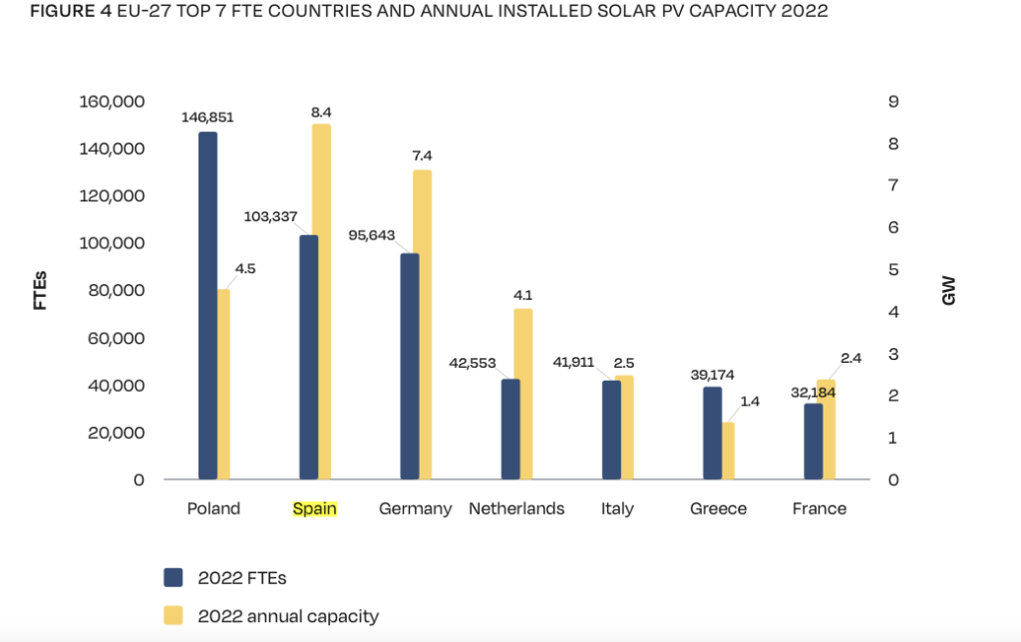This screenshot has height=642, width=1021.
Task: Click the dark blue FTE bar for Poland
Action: pyautogui.click(x=207, y=305)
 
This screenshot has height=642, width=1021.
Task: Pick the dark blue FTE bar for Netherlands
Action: pyautogui.click(x=510, y=429)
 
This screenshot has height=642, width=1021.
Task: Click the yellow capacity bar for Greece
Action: pyautogui.click(x=728, y=451)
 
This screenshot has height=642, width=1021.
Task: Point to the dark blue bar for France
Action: pyautogui.click(x=814, y=441)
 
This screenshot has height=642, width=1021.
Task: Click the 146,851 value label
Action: pyautogui.click(x=207, y=117)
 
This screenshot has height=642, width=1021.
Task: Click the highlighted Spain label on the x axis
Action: pyautogui.click(x=314, y=508)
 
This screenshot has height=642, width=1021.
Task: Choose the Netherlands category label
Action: pyautogui.click(x=516, y=508)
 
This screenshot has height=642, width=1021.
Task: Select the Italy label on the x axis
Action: pyautogui.click(x=617, y=508)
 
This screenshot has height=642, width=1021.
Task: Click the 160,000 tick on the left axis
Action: pyautogui.click(x=112, y=102)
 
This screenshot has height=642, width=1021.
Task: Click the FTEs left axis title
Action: pyautogui.click(x=41, y=290)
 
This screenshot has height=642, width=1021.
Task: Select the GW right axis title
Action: pyautogui.click(x=948, y=290)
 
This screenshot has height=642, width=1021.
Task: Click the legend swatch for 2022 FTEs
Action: pyautogui.click(x=173, y=577)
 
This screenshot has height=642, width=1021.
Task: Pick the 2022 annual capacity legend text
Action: pyautogui.click(x=288, y=616)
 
